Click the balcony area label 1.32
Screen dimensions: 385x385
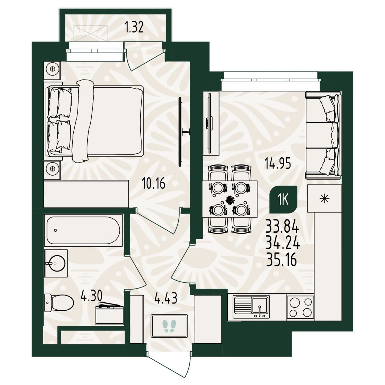pos(134,27)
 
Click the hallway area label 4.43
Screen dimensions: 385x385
pos(166,298)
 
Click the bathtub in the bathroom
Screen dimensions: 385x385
pos(83,230)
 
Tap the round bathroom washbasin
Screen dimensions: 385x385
pos(57,263)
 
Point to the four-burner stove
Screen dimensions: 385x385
pos(300,307)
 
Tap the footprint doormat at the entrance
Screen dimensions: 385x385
pos(169,326)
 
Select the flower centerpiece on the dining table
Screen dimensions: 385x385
pos(230,200)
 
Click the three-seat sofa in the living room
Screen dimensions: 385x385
pos(323,135)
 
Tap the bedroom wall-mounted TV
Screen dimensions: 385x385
pos(181,131)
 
